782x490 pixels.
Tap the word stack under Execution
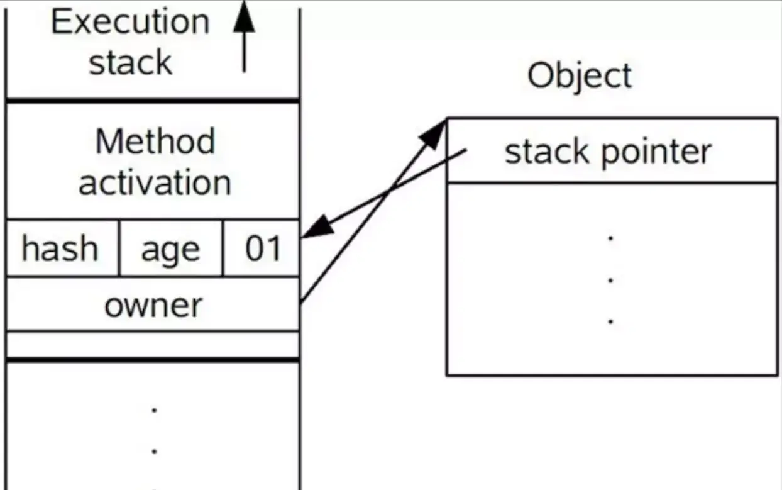click(x=130, y=63)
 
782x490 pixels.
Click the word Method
click(x=155, y=142)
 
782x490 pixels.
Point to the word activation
click(x=155, y=182)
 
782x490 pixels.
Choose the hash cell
click(x=60, y=248)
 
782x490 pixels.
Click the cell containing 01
click(x=262, y=248)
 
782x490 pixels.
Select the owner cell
click(x=153, y=305)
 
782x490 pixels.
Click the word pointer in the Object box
click(x=656, y=153)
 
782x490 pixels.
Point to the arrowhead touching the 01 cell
click(x=317, y=227)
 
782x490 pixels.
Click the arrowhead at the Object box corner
click(x=434, y=133)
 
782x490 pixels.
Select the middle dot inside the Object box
click(x=610, y=279)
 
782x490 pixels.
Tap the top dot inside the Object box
click(x=610, y=237)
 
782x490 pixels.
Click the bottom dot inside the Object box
click(x=610, y=321)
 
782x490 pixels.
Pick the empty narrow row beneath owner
click(x=153, y=345)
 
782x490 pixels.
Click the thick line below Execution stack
click(x=153, y=100)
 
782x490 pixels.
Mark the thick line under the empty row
click(x=153, y=360)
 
